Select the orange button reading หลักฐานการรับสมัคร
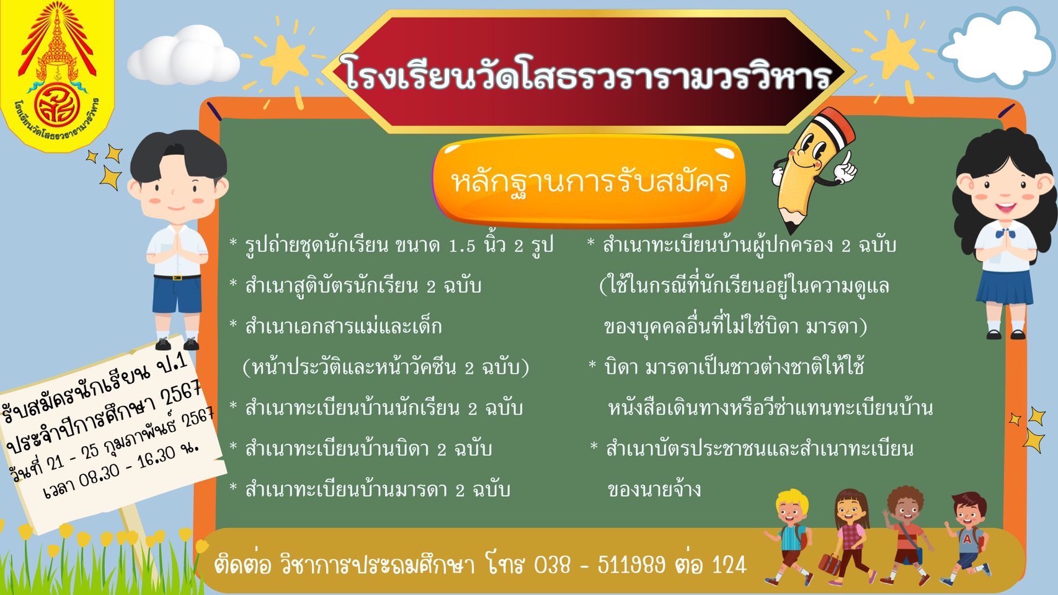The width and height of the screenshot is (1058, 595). [x=589, y=181]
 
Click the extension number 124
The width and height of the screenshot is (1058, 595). [x=730, y=565]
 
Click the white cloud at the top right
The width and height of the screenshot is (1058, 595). [x=991, y=50]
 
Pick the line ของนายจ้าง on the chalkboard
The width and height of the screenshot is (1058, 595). [x=654, y=489]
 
